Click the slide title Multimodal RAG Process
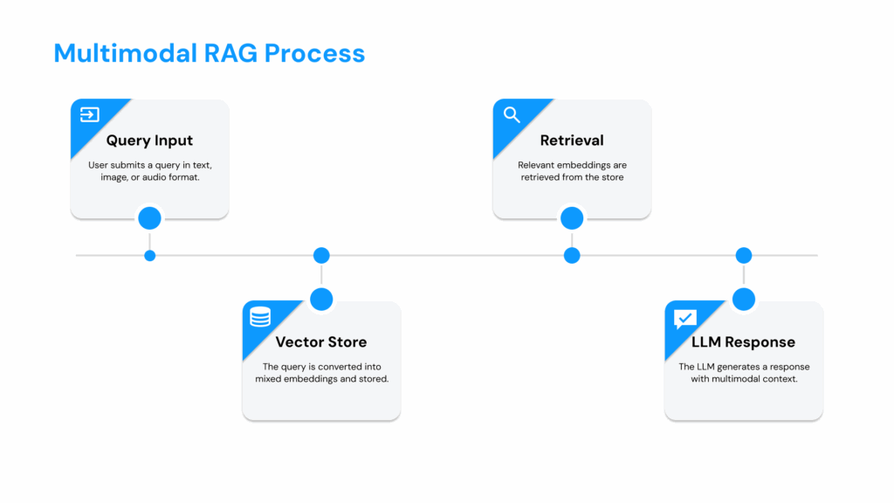coord(209,53)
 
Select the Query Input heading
coord(149,141)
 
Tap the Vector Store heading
coord(320,342)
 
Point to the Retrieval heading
coord(572,141)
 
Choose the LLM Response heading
coord(743,342)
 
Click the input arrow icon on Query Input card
coord(89,114)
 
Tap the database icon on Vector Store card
coord(260,316)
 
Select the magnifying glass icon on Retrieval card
coord(512,114)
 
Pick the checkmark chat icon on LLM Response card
coord(685,318)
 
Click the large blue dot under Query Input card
coord(149,217)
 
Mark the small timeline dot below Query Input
coord(149,256)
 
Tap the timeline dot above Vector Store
coord(321,256)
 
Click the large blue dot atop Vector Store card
coord(321,300)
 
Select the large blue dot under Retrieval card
coord(572,217)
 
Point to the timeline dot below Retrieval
coord(572,256)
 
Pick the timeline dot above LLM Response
coord(744,256)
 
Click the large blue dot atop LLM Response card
coord(744,300)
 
